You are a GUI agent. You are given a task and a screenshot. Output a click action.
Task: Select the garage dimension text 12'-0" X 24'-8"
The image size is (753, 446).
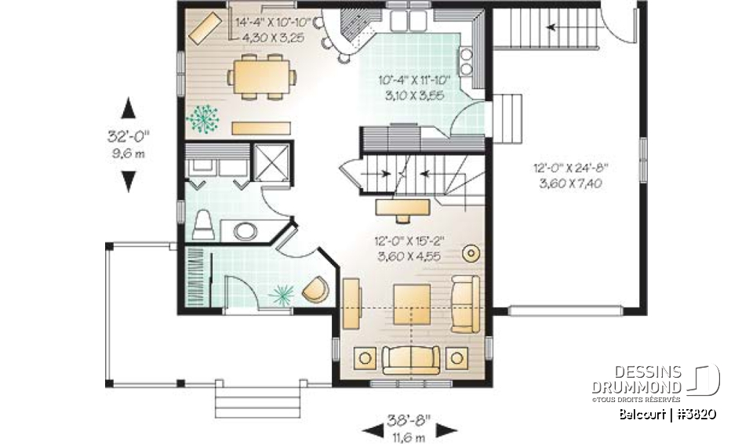tap(570, 167)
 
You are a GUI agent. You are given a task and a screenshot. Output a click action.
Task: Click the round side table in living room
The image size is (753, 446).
tap(471, 253)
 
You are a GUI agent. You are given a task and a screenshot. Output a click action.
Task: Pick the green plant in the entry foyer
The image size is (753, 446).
tap(281, 294)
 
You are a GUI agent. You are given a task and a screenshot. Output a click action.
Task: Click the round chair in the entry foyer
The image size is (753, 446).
tap(315, 289)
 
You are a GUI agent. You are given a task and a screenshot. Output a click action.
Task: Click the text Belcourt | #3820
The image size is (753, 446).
tap(667, 414)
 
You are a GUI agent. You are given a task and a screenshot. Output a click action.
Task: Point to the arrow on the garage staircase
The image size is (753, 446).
tap(558, 27)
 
